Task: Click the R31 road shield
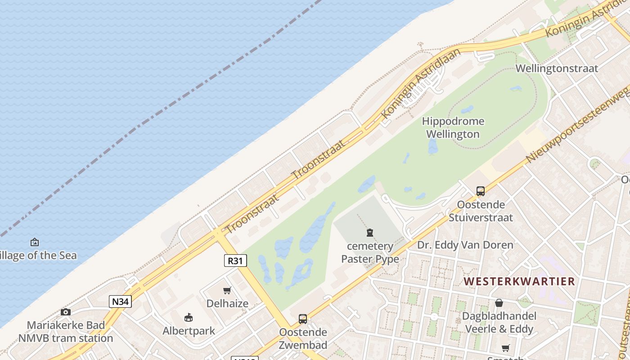point(235,261)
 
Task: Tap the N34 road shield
point(120,301)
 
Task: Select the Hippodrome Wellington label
point(453,128)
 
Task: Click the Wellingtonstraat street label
point(557,68)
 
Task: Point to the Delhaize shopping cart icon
point(227,291)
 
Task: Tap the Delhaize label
point(227,303)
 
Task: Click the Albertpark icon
point(189,318)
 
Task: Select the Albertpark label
point(189,331)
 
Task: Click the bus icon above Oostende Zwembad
point(303,319)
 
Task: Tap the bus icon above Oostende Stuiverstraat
point(481,191)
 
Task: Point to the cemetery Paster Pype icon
point(370,233)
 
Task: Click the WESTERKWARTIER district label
point(519,282)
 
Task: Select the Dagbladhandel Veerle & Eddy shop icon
point(499,303)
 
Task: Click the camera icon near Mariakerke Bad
point(66,312)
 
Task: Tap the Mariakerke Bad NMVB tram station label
point(66,332)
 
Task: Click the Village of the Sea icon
point(35,242)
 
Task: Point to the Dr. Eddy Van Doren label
point(465,245)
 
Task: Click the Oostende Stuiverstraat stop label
point(481,211)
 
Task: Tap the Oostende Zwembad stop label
point(303,339)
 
